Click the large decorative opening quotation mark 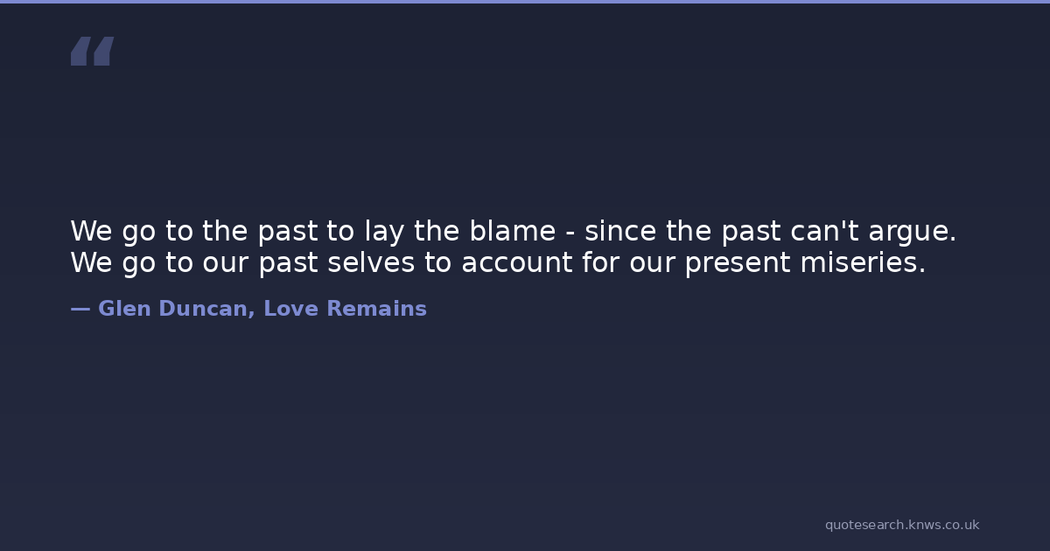click(93, 51)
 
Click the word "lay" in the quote click(384, 232)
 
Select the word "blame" click(513, 231)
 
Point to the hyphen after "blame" click(570, 234)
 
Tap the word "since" click(620, 231)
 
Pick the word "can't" click(824, 231)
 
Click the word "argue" click(908, 233)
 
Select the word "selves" click(371, 262)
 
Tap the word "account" click(516, 263)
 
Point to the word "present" click(738, 264)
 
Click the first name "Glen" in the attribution click(124, 309)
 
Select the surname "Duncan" click(203, 309)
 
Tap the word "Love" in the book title click(291, 309)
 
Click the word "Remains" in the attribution click(376, 309)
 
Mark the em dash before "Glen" click(80, 310)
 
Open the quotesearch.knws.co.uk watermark click(902, 526)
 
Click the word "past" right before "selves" click(288, 264)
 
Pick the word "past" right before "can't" click(751, 233)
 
